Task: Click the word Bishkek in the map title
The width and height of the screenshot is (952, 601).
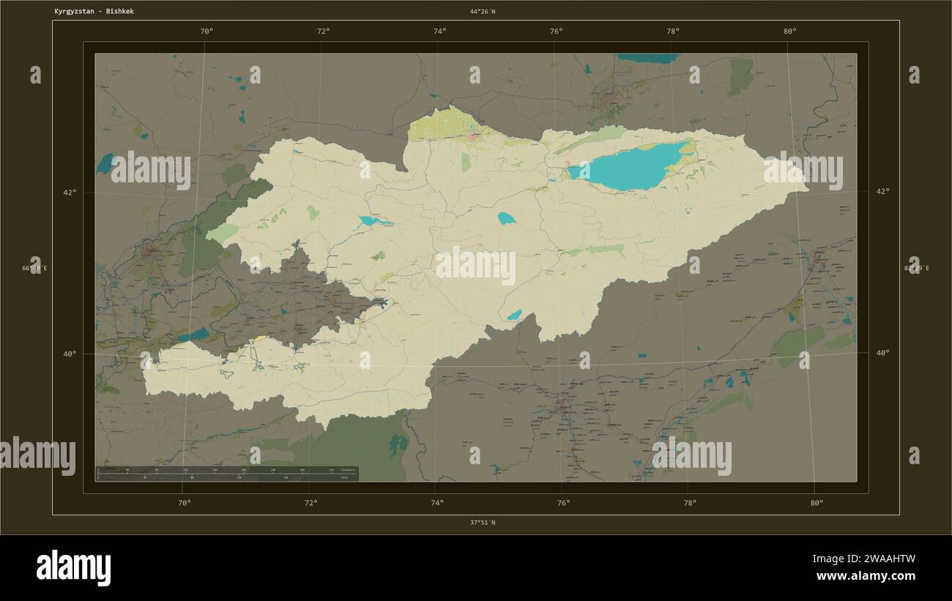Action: (120, 12)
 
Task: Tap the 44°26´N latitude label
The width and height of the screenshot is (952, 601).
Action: (483, 12)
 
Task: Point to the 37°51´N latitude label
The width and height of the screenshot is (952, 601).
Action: (483, 523)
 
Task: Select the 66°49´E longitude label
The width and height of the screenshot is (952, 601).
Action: (34, 268)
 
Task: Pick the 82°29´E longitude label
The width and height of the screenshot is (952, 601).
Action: (917, 268)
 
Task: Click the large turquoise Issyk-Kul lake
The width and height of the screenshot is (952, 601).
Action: (630, 167)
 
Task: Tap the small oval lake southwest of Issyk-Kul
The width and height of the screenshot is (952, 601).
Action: (506, 218)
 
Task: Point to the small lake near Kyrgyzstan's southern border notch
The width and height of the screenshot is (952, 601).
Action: (514, 315)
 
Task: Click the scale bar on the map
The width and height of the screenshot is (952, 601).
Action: (227, 474)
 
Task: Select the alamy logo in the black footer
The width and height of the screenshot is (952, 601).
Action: (73, 568)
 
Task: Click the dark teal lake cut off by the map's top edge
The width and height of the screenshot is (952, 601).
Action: (647, 58)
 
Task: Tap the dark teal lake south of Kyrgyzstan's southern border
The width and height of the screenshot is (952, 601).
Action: (398, 444)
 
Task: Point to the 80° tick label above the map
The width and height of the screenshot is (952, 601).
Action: (789, 31)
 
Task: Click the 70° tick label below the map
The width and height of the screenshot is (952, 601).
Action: (185, 503)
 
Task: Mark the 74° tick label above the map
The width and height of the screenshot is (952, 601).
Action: (439, 31)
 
